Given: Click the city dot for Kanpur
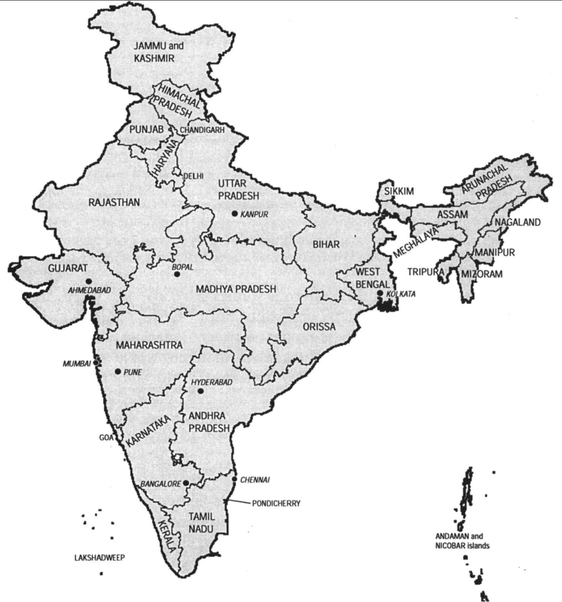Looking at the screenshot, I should coord(235,213).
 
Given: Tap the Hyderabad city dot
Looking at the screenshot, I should coord(200,391).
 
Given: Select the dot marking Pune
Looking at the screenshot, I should coord(118,372).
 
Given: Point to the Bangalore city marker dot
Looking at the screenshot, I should coord(186,483).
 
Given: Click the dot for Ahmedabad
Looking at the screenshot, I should coord(89,281).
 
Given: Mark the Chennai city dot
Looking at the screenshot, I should coord(234,480).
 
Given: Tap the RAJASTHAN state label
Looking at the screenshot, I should coord(114,202).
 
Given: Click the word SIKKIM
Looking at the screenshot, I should coord(399,191).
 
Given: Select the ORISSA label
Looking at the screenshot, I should coord(319,327).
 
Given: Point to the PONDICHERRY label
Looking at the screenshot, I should coord(276,503).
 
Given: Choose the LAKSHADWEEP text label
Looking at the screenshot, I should coord(100,557).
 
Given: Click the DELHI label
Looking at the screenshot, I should coord(193,176).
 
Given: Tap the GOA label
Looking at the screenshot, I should coord(106,438).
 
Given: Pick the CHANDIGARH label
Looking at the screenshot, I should coord(202,130).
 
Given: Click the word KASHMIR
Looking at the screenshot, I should coord(154,58).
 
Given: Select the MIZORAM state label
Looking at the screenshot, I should coord(482,274).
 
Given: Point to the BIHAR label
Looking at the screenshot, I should coord(326,244).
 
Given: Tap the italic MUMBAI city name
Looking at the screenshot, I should coord(77,364).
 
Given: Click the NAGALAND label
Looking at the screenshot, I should coord(518,222).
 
